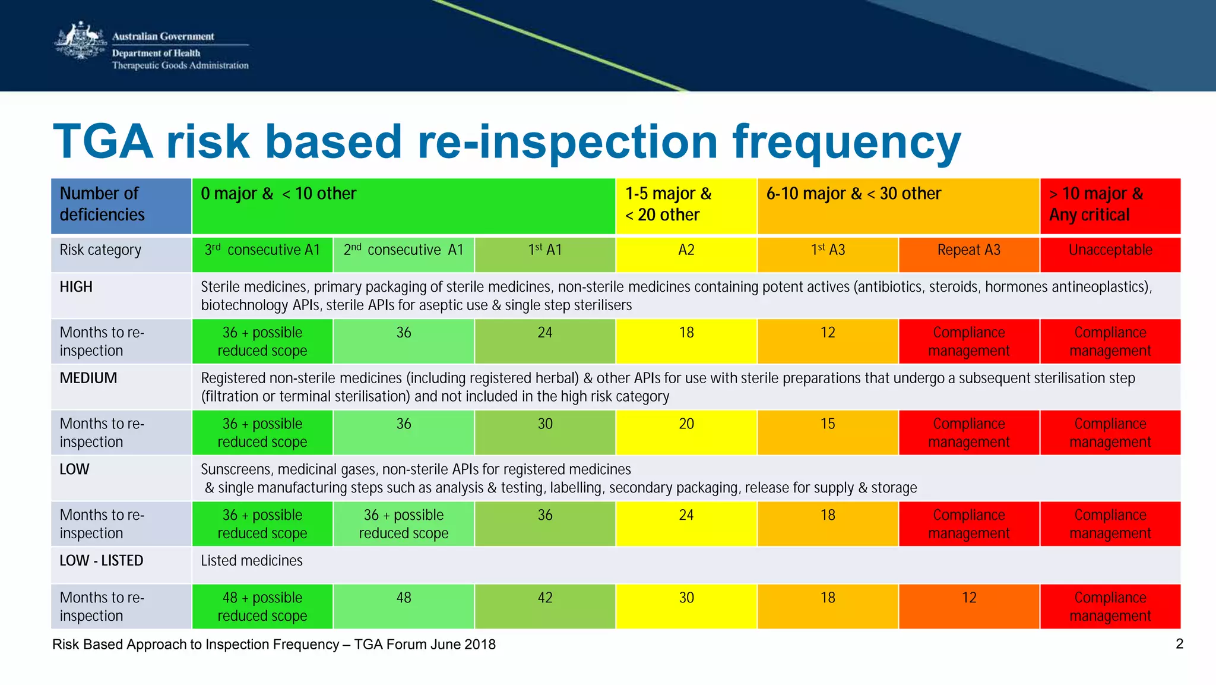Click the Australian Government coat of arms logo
tap(80, 42)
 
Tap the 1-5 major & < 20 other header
tap(686, 205)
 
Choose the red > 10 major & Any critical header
tap(1110, 205)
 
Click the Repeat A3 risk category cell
tap(968, 251)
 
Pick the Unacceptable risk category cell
tap(1110, 251)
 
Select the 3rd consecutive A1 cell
tap(262, 251)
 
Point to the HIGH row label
tap(76, 287)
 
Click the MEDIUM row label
tap(88, 378)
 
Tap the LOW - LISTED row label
tap(102, 561)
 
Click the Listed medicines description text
tap(252, 561)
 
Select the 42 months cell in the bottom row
tap(544, 598)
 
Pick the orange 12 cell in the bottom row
tap(968, 598)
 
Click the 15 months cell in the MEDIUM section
tap(828, 424)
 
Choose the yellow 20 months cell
tap(686, 424)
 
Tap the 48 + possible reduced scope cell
tap(262, 607)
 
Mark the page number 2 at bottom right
tap(1179, 644)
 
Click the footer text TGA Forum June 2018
tap(425, 645)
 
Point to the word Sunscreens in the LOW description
tap(237, 470)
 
